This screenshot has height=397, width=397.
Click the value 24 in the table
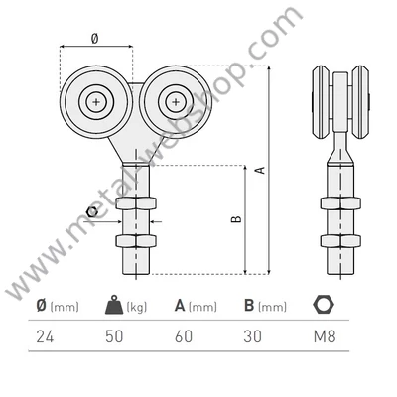point(45,336)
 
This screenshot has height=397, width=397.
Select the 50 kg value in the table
point(114,336)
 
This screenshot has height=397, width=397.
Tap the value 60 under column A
point(184,336)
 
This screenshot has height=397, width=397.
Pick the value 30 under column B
point(252,336)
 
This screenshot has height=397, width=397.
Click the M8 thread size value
point(325,336)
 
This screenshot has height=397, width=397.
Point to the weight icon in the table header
point(114,305)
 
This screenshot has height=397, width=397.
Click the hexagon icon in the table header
point(324,304)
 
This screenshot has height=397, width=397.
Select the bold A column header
point(180,305)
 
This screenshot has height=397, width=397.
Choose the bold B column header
point(249,305)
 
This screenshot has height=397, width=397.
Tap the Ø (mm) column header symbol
point(42,305)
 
